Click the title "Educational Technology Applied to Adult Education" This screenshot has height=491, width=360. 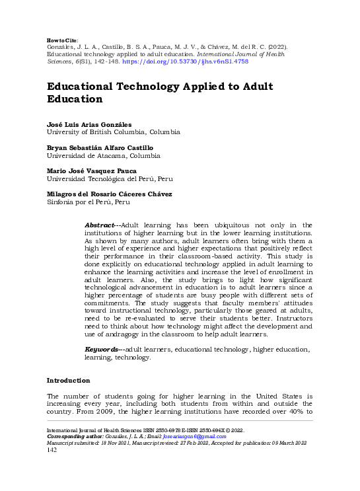point(150,93)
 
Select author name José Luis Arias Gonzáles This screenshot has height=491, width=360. point(89,124)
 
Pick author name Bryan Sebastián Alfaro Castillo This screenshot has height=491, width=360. point(99,147)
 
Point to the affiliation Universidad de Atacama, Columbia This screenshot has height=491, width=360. point(103,155)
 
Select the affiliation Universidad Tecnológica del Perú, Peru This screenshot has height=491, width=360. point(109,178)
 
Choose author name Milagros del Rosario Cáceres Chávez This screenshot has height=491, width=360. point(109,194)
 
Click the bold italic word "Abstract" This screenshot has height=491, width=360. point(101,225)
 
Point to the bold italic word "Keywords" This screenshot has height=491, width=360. point(102,349)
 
